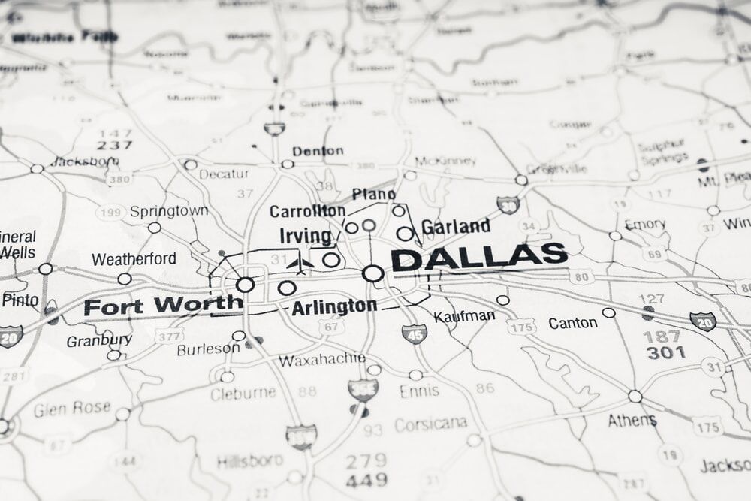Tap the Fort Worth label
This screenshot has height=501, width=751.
tap(163, 306)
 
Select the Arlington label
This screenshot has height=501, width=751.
tap(334, 306)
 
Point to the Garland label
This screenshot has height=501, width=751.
tap(456, 226)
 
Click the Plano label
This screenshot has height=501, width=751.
tap(373, 195)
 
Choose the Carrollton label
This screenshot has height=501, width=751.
tap(307, 211)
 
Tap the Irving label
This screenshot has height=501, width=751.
tap(305, 236)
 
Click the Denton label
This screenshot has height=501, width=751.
tap(318, 151)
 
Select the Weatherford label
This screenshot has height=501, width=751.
tap(134, 259)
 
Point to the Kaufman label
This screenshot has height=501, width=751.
tap(465, 315)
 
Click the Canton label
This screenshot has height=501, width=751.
tap(573, 323)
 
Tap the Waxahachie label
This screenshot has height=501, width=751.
tap(322, 359)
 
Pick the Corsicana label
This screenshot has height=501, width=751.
tap(430, 424)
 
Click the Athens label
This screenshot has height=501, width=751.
tap(632, 420)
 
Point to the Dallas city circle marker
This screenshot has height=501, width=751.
tap(372, 273)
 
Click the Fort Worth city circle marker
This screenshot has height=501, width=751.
tap(245, 285)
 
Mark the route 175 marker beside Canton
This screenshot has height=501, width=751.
tap(521, 326)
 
